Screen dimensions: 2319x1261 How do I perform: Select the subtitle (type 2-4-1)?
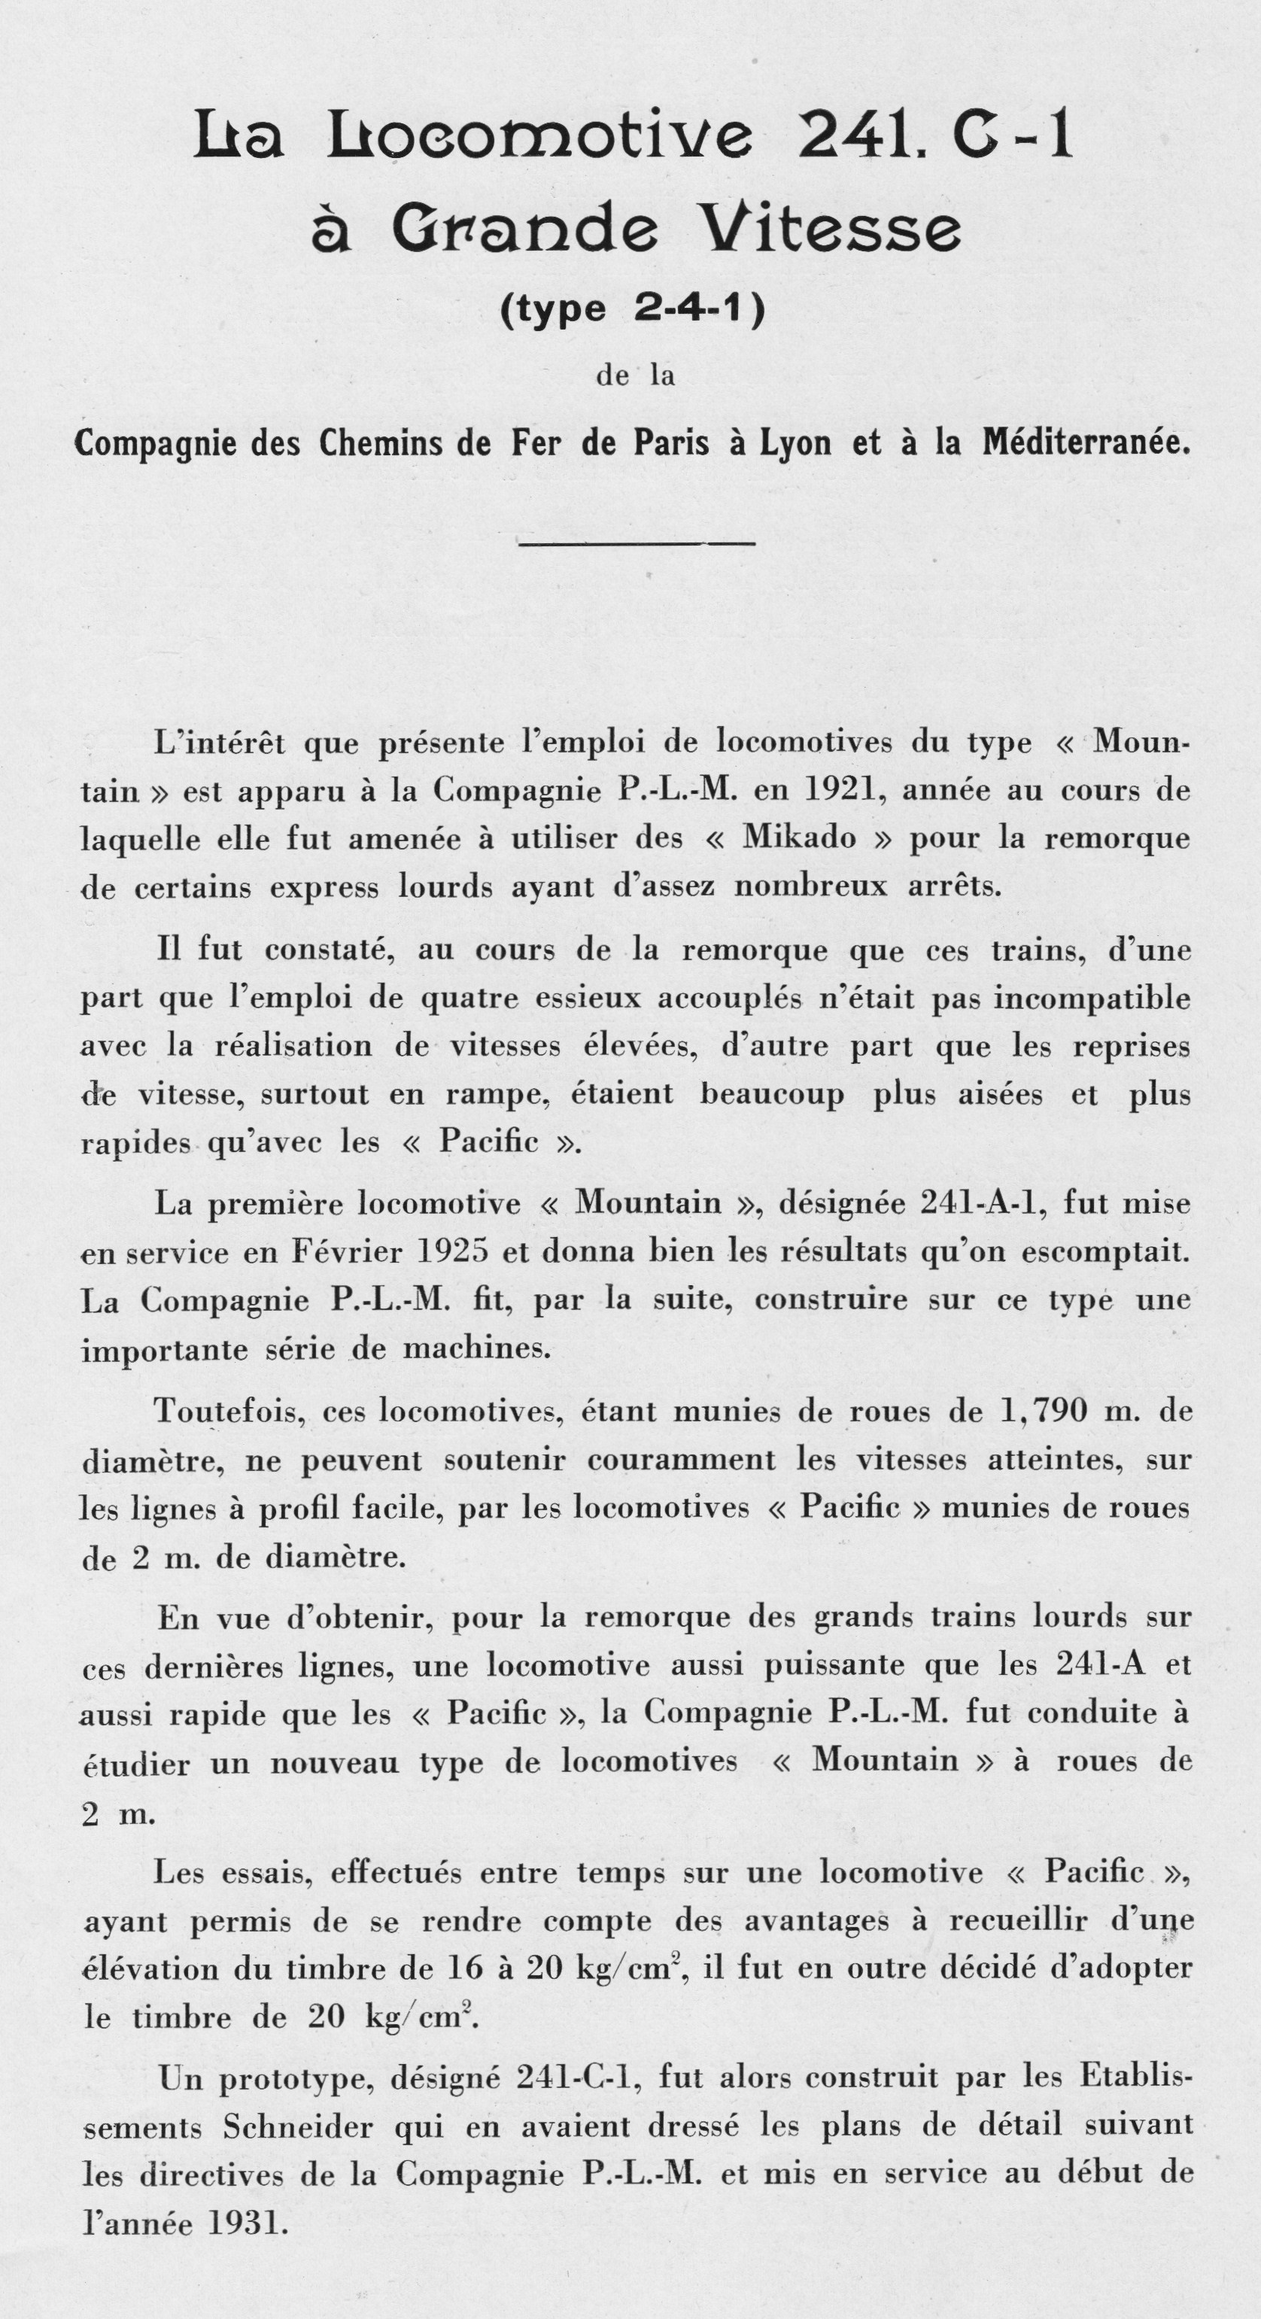(633, 308)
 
